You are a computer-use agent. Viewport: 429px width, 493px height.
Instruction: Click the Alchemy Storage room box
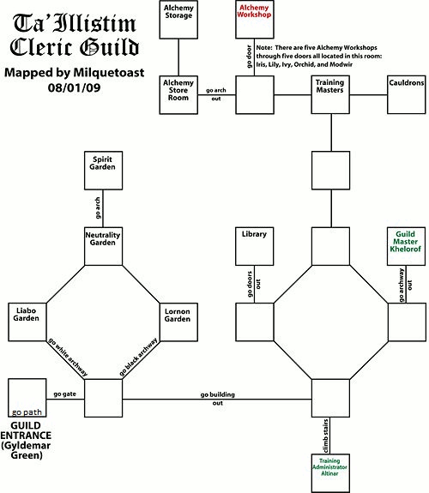click(x=179, y=21)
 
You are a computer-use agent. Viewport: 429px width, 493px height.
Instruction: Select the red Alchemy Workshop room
click(x=255, y=21)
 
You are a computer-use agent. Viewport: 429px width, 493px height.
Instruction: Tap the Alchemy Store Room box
click(x=179, y=94)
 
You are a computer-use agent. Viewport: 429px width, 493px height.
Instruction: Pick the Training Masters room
click(x=330, y=94)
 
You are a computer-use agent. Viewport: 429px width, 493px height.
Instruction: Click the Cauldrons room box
click(x=406, y=94)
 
